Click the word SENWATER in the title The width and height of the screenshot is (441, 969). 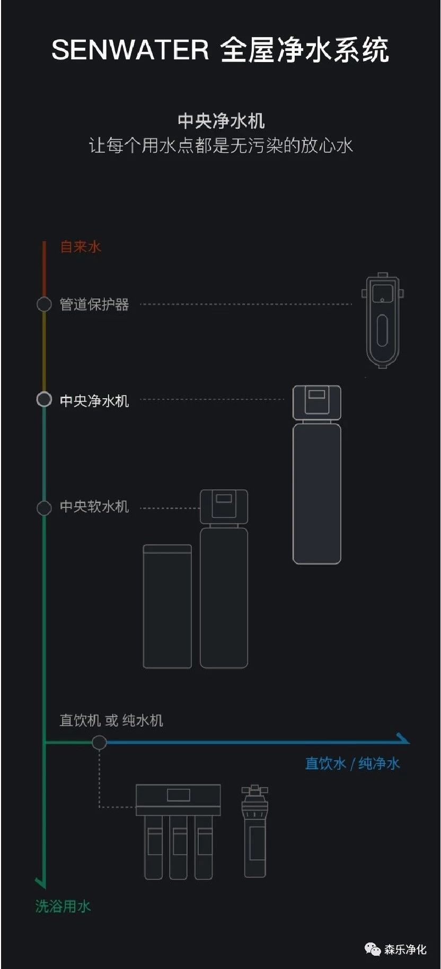pos(130,50)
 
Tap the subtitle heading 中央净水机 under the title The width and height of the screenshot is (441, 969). pos(221,121)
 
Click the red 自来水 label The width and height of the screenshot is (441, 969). pos(81,246)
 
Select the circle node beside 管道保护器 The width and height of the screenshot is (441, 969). pos(44,304)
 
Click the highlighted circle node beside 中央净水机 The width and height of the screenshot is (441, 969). pos(44,400)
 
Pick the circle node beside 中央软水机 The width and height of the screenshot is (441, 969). pos(44,507)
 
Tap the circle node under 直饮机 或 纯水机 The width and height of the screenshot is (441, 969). pos(99,742)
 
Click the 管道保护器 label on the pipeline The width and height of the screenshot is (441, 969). pos(94,304)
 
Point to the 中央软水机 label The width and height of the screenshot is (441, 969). pos(94,507)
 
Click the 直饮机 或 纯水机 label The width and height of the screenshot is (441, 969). pos(111,720)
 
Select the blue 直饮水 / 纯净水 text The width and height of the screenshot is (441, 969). pos(352,763)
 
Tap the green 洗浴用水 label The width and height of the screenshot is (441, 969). pos(63,906)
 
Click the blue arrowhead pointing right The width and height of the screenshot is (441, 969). pos(403,738)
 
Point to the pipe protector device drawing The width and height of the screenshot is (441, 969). pos(383,320)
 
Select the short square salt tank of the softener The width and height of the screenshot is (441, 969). pos(167,606)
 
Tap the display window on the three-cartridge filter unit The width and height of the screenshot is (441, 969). pos(179,795)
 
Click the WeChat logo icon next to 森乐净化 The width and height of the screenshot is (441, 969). pos(373,948)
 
